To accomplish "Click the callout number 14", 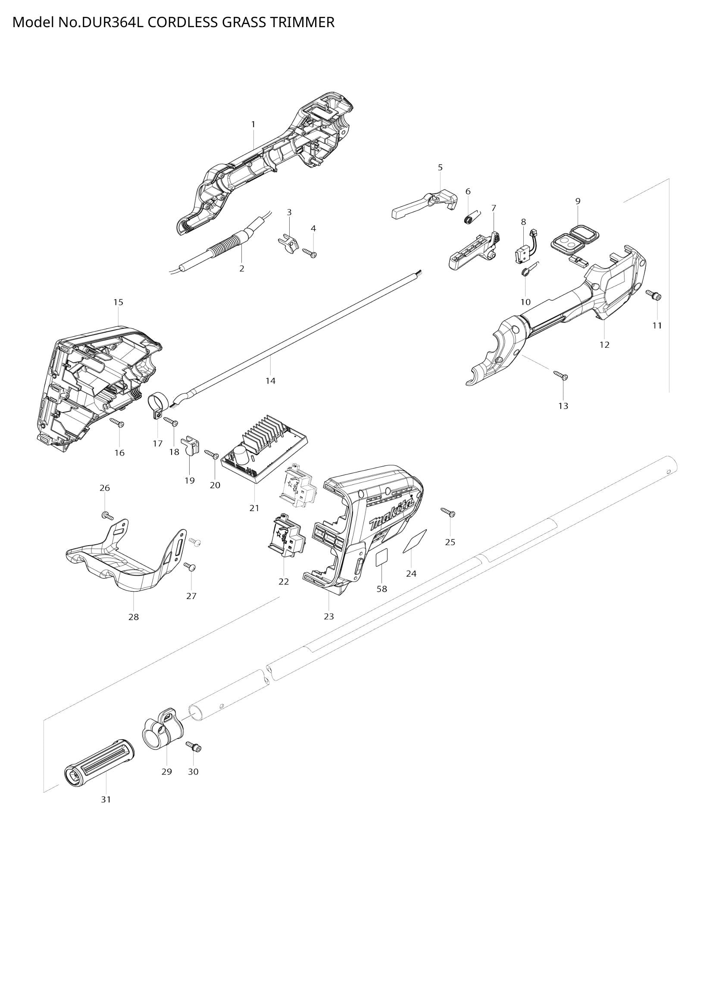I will click(x=270, y=381).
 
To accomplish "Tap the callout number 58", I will click(x=382, y=589).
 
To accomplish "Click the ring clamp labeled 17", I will click(x=155, y=403).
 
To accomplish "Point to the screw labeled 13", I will click(x=561, y=375).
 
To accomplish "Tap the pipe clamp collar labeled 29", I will click(x=162, y=733).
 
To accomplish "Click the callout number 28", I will click(x=134, y=617).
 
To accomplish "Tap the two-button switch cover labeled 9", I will click(x=570, y=237).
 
